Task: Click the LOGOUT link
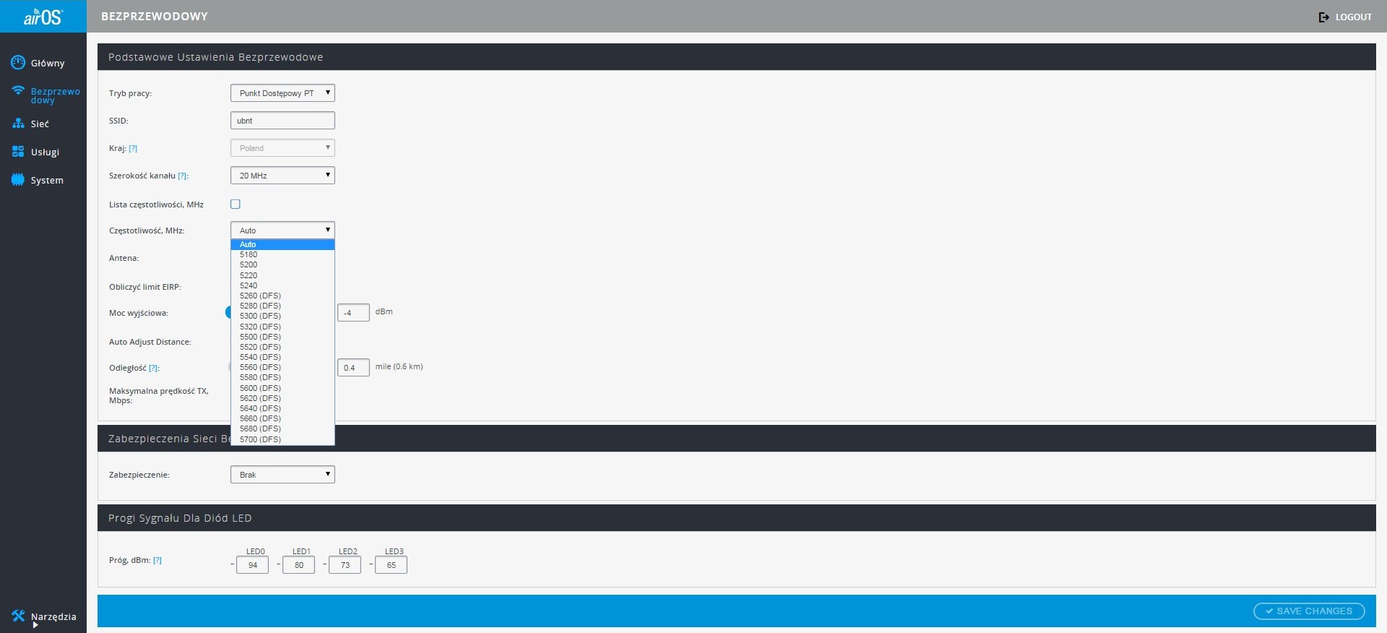click(x=1345, y=17)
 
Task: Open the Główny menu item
click(x=38, y=63)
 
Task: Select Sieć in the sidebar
click(x=30, y=124)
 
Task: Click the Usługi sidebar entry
click(x=35, y=152)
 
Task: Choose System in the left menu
click(x=38, y=180)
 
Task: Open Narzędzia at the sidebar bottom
click(x=44, y=616)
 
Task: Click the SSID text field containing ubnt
click(x=282, y=121)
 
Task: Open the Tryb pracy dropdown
click(x=282, y=93)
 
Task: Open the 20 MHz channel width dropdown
click(x=282, y=176)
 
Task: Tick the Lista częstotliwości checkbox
click(x=236, y=204)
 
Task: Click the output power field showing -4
click(x=353, y=313)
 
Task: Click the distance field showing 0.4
click(x=353, y=368)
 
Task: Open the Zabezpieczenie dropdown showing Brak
click(x=282, y=475)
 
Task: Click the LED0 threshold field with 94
click(x=252, y=565)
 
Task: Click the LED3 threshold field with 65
click(x=391, y=565)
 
